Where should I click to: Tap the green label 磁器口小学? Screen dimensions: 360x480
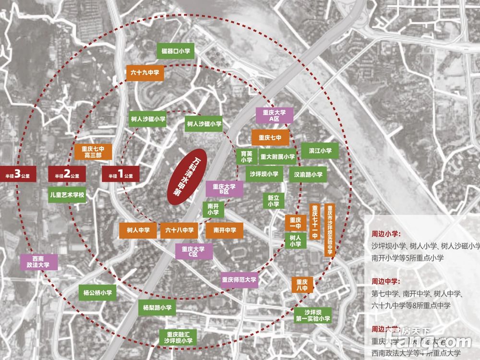[x=176, y=51]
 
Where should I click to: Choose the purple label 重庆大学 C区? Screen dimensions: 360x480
[x=193, y=252]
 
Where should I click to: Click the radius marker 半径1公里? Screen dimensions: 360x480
[x=120, y=175]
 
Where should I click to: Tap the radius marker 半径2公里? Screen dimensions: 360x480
[x=67, y=175]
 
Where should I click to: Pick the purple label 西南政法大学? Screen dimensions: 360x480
[x=38, y=262]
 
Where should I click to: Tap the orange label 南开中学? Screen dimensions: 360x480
[x=221, y=230]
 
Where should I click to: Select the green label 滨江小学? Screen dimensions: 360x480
[x=320, y=151]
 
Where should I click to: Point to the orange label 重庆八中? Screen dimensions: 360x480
[x=302, y=285]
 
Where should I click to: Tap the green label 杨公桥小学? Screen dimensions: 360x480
[x=97, y=292]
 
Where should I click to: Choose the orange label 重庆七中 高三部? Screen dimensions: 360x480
[x=94, y=152]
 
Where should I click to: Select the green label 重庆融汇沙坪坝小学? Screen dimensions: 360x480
[x=178, y=337]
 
